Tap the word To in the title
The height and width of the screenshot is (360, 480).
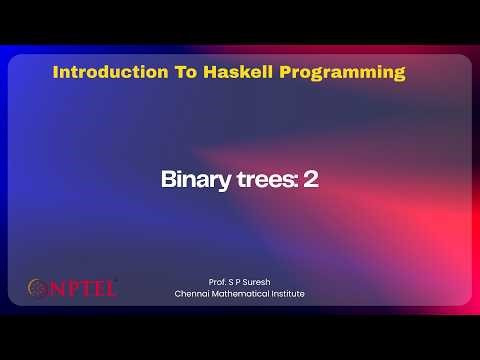pyautogui.click(x=165, y=73)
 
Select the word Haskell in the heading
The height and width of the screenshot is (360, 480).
pyautogui.click(x=218, y=73)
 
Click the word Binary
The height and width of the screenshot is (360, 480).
pyautogui.click(x=190, y=180)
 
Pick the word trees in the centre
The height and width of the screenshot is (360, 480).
pyautogui.click(x=250, y=180)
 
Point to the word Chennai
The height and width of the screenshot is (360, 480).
pyautogui.click(x=193, y=294)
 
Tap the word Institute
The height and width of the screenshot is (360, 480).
pyautogui.click(x=289, y=294)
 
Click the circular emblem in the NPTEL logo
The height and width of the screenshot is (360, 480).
pyautogui.click(x=37, y=288)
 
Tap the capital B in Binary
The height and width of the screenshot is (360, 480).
pyautogui.click(x=167, y=180)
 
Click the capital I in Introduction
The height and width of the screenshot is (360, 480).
pyautogui.click(x=55, y=73)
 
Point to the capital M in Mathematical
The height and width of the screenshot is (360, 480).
pyautogui.click(x=219, y=294)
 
